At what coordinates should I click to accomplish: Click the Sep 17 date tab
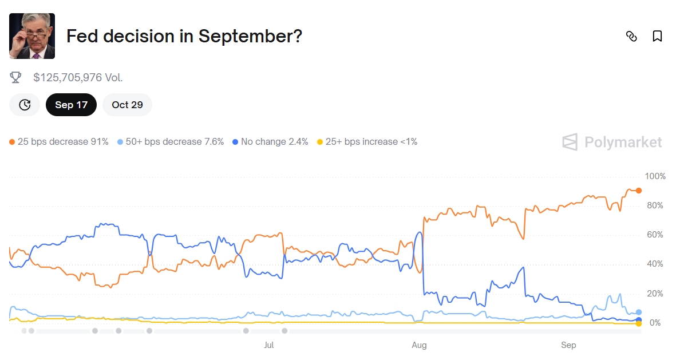point(71,105)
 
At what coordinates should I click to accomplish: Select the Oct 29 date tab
point(127,105)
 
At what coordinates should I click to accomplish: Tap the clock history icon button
point(25,105)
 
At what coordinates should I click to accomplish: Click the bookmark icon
point(657,36)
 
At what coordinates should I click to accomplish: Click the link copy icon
point(631,36)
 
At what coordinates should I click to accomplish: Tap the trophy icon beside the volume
point(16,77)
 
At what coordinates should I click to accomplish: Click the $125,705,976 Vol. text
point(78,77)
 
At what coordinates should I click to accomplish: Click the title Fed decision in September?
point(184,36)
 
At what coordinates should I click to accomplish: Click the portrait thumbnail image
point(32,36)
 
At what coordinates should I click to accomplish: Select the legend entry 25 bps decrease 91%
point(59,141)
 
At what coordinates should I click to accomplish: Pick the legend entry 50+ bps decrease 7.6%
point(171,141)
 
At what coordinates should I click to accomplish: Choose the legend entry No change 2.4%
point(270,141)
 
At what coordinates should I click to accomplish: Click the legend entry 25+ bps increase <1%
point(367,141)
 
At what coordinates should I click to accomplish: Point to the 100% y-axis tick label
point(655,176)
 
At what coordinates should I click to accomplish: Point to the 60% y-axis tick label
point(655,235)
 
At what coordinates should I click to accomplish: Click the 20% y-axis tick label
point(655,294)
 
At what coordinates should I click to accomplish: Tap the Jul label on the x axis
point(268,345)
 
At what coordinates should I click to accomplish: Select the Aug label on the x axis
point(419,345)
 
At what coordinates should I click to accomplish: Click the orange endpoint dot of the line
point(639,191)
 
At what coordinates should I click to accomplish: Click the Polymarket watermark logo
point(612,142)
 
